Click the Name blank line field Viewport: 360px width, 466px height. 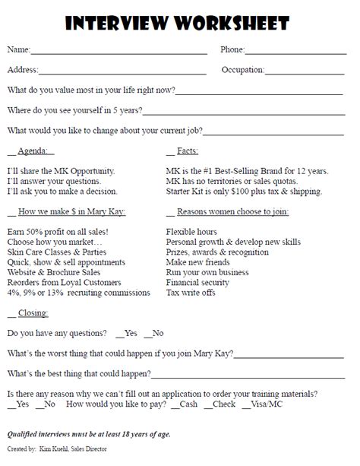[x=118, y=51]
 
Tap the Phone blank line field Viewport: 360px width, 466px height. [x=299, y=51]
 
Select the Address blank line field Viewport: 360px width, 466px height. [x=122, y=71]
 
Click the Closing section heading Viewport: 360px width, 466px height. [x=33, y=312]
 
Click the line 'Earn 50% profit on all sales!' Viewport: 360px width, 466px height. [x=57, y=230]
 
